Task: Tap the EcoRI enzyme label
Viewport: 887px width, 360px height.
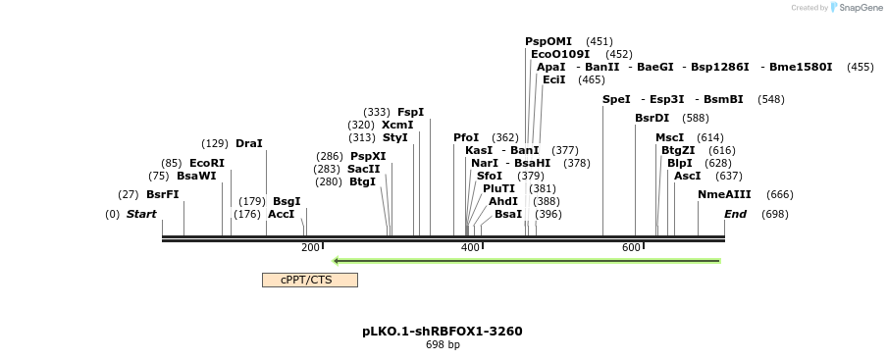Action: tap(207, 163)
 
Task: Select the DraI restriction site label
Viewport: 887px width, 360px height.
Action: tap(249, 143)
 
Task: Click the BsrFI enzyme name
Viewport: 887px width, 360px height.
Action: tap(163, 194)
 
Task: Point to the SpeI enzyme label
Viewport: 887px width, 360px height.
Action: tap(616, 99)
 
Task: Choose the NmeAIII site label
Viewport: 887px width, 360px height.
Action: tap(724, 194)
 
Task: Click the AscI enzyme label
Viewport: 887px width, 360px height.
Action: tap(688, 176)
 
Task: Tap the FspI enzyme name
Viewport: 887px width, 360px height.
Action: tap(411, 112)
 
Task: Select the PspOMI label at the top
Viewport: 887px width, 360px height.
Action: tap(548, 41)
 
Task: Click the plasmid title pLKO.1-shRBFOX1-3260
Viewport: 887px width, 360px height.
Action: tap(443, 331)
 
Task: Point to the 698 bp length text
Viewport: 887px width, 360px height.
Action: tap(443, 345)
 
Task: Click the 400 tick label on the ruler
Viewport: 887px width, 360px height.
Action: tap(470, 247)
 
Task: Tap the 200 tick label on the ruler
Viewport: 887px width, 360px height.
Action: tap(310, 247)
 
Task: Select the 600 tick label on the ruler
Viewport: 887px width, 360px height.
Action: tap(631, 247)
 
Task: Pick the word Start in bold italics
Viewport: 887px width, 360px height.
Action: tap(141, 214)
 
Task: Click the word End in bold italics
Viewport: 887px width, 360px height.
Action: tap(735, 214)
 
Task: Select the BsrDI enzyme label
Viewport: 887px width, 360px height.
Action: tap(652, 118)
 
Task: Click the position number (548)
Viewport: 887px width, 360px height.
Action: tap(771, 99)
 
